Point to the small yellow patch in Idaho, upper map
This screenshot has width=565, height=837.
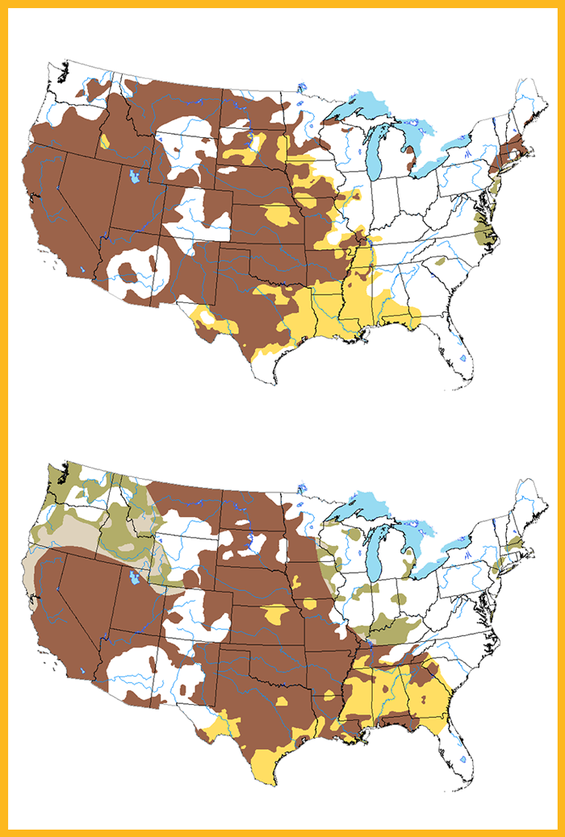104,142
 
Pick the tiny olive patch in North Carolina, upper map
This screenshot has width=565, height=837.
440,262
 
